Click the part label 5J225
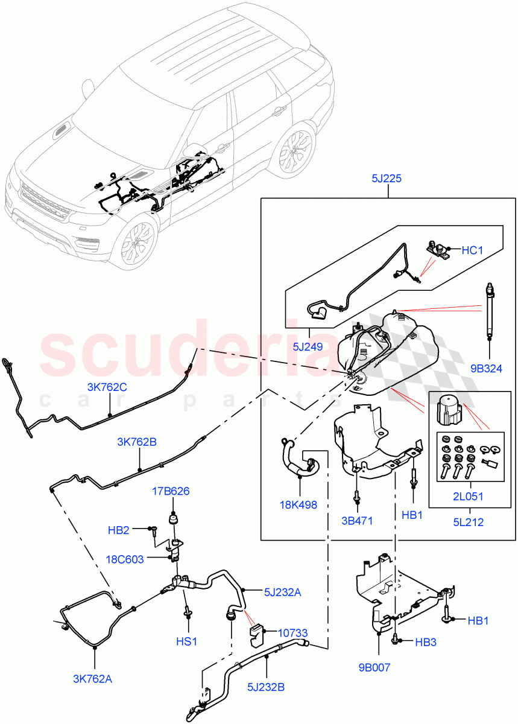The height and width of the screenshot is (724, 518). coord(388,179)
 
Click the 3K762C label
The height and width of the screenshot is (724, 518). coord(107,387)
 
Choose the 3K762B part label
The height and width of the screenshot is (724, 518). coord(137,442)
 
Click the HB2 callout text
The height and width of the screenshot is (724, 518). coord(119,530)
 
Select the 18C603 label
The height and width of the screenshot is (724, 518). coord(124,559)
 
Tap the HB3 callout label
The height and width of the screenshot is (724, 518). coord(425,643)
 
